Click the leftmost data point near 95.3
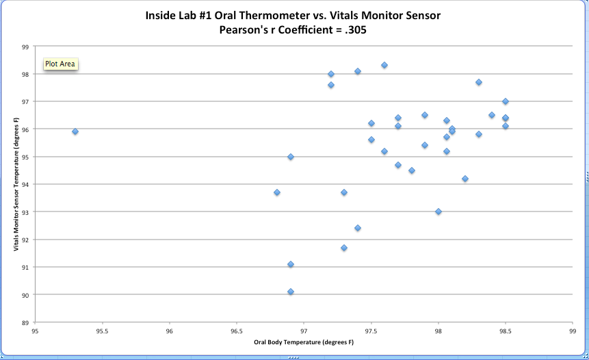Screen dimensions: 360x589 pos(75,131)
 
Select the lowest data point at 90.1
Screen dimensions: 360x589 pos(291,292)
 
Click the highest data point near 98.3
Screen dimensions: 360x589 pos(384,65)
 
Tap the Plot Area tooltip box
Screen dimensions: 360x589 pos(61,64)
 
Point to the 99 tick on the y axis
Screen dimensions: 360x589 pos(25,47)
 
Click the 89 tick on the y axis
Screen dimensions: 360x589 pos(25,322)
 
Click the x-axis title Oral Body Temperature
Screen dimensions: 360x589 pos(304,342)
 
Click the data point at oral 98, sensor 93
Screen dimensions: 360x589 pos(439,211)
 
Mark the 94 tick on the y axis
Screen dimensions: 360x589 pos(25,185)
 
